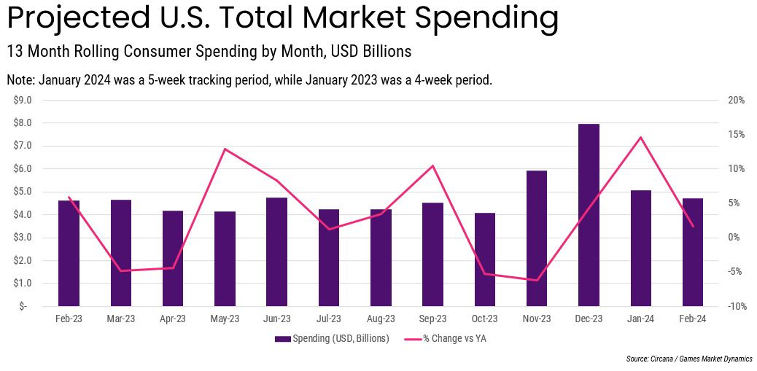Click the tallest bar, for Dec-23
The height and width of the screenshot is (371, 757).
pyautogui.click(x=589, y=215)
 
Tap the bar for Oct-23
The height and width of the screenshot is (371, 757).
pyautogui.click(x=485, y=259)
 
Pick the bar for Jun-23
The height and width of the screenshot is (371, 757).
pyautogui.click(x=277, y=251)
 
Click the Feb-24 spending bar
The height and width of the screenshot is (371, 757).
pyautogui.click(x=692, y=252)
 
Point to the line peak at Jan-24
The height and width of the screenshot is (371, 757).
pyautogui.click(x=640, y=137)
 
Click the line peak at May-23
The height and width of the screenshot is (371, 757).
pyautogui.click(x=225, y=149)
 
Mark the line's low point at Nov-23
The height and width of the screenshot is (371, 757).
pyautogui.click(x=537, y=280)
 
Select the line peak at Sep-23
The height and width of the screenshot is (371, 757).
pyautogui.click(x=433, y=165)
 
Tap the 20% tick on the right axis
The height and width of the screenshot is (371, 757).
pyautogui.click(x=735, y=100)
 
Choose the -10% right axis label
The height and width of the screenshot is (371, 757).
pyautogui.click(x=735, y=306)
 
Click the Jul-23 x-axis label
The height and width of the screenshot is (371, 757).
pyautogui.click(x=329, y=319)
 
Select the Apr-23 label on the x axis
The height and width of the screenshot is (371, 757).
pyautogui.click(x=173, y=319)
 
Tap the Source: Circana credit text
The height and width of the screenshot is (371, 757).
pyautogui.click(x=689, y=359)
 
